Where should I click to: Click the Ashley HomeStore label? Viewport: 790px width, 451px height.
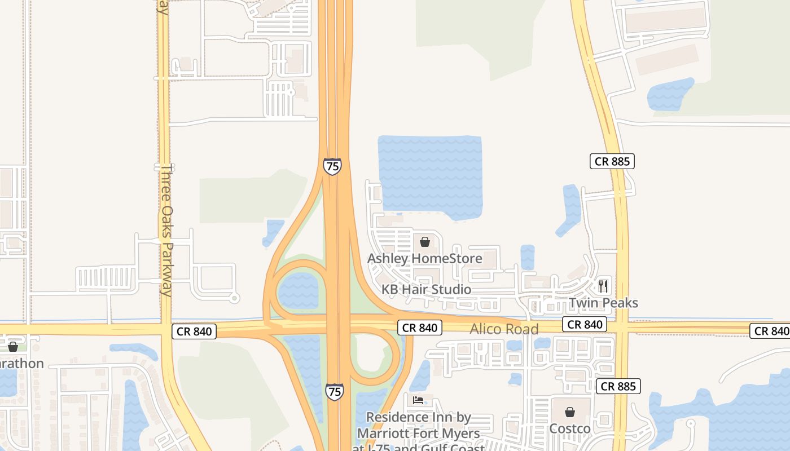pyautogui.click(x=424, y=259)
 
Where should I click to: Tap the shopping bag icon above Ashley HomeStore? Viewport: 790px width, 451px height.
pyautogui.click(x=425, y=242)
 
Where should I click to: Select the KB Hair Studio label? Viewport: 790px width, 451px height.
pyautogui.click(x=426, y=290)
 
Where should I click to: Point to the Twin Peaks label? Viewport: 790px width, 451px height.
pyautogui.click(x=603, y=303)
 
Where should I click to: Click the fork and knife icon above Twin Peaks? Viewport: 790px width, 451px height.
pyautogui.click(x=603, y=286)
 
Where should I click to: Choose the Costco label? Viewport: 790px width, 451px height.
pyautogui.click(x=570, y=429)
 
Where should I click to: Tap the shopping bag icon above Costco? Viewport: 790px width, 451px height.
pyautogui.click(x=570, y=412)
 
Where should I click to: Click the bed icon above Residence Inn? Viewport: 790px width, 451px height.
pyautogui.click(x=418, y=401)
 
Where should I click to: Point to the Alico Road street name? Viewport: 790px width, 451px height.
pyautogui.click(x=504, y=329)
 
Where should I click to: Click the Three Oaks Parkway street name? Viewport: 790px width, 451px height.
pyautogui.click(x=166, y=230)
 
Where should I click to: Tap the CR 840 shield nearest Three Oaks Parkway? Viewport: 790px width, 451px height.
pyautogui.click(x=194, y=331)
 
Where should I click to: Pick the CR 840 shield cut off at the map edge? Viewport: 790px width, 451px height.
pyautogui.click(x=770, y=331)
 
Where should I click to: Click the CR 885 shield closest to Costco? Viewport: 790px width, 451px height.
pyautogui.click(x=618, y=386)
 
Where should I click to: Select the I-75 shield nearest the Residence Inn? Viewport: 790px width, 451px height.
pyautogui.click(x=334, y=392)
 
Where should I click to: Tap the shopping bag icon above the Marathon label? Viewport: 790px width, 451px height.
pyautogui.click(x=12, y=347)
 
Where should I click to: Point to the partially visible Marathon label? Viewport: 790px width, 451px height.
pyautogui.click(x=21, y=364)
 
